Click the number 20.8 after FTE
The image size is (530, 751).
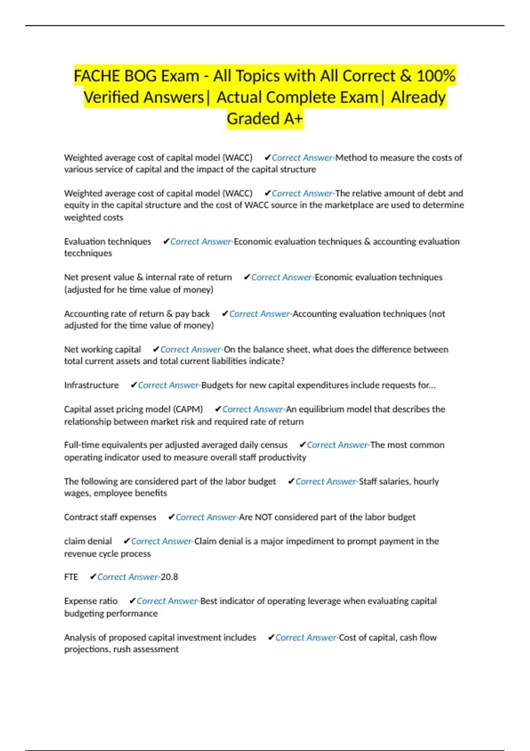click(x=169, y=577)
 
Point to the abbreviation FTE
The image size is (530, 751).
click(x=71, y=577)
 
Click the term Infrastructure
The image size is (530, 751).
click(x=91, y=385)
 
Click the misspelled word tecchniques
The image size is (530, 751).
click(x=88, y=253)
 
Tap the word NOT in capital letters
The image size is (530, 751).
click(x=263, y=517)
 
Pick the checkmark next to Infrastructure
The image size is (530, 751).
click(x=133, y=385)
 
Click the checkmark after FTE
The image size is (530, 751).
click(x=93, y=577)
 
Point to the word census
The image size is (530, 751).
click(x=273, y=445)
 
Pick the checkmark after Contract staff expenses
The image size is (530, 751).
click(x=171, y=517)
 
